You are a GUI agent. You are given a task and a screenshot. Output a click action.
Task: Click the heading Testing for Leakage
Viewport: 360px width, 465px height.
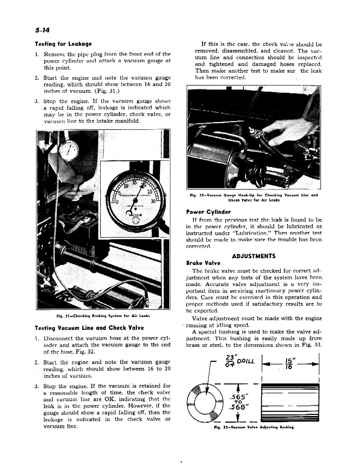click(x=63, y=44)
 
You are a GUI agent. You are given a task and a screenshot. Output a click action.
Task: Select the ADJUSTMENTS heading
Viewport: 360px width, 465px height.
click(x=253, y=256)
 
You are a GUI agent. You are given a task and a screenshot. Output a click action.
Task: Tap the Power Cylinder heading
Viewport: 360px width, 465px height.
click(x=208, y=212)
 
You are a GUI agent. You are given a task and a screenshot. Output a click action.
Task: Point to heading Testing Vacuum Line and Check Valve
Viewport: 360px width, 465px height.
click(x=89, y=328)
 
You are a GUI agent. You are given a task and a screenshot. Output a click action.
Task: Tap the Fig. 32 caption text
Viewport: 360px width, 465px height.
click(x=253, y=197)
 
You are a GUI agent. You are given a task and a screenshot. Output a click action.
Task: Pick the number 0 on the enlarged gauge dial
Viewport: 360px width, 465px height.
click(x=117, y=202)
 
